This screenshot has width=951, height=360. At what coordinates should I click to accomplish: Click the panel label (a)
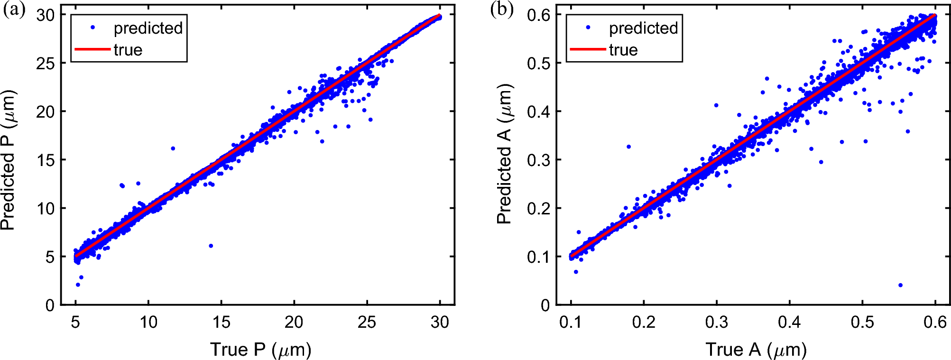coord(14,9)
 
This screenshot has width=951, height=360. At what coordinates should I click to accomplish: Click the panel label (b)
coord(502,9)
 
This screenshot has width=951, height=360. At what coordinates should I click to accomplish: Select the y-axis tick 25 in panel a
coord(45,63)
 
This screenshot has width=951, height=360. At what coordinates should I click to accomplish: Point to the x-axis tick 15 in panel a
coord(221,323)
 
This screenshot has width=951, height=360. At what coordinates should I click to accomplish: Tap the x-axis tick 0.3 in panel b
coord(716,323)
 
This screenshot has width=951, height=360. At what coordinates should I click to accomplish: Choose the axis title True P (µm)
coord(260,350)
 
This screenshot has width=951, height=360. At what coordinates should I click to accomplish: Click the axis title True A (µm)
coord(756,350)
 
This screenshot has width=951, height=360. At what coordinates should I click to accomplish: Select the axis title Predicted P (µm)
coord(9,160)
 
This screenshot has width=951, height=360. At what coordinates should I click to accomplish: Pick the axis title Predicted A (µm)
coord(504,154)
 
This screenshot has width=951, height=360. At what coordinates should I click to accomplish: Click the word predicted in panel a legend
coord(148,28)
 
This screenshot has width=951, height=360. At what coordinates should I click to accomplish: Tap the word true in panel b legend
coord(623,50)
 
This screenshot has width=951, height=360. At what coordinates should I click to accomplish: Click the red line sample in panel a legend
coord(92,49)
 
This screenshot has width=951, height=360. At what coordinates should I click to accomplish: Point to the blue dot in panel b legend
coord(588,28)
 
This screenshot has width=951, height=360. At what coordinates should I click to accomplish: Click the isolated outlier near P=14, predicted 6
coord(211,246)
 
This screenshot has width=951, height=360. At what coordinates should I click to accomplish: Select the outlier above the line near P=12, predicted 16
coord(173,148)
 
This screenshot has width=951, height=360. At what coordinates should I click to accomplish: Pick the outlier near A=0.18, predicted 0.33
coord(628,147)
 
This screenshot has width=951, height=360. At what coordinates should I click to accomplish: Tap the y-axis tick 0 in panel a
coord(50,305)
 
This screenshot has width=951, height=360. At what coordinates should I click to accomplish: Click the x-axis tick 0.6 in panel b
coord(935,323)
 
